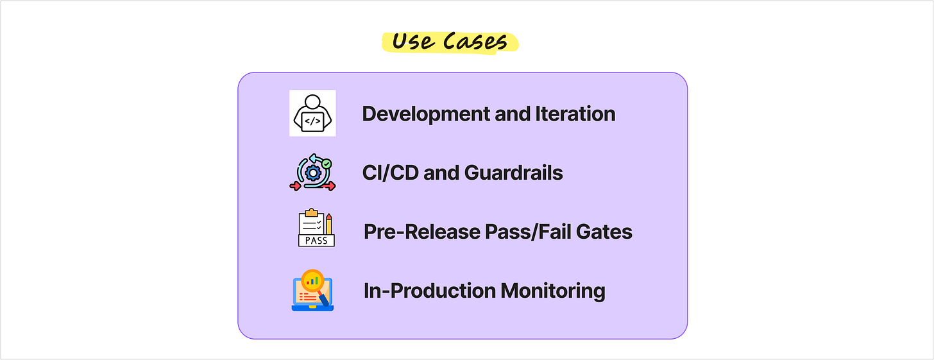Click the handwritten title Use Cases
pos(450,41)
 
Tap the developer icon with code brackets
pos(312,113)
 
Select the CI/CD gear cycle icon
pos(313,172)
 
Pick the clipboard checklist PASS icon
pos(316,228)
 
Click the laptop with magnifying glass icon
pos(312,290)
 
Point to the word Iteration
pos(575,114)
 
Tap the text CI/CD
pos(390,173)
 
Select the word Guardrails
pos(513,173)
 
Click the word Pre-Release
pos(421,232)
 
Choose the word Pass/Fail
pos(529,232)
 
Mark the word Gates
pos(604,232)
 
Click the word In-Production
pos(430,290)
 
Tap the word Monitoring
pos(553,291)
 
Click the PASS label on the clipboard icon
pos(316,240)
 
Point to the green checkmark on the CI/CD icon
pos(327,164)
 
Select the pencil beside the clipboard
pos(329,224)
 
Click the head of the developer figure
pos(312,101)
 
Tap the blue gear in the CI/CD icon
pos(313,173)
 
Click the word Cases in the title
pos(475,41)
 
